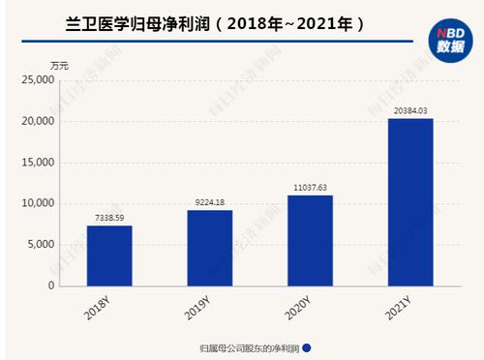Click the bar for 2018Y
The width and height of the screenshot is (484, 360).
click(x=109, y=255)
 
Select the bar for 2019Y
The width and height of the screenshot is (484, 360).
click(x=210, y=248)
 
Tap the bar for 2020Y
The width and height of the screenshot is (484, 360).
click(x=310, y=240)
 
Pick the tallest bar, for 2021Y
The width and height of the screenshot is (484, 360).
click(x=410, y=202)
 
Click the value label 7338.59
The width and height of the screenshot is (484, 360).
click(x=109, y=219)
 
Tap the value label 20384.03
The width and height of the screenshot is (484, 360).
click(x=410, y=111)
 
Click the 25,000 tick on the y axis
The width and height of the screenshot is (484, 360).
click(x=38, y=80)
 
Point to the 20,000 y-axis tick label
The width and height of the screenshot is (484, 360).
click(x=38, y=121)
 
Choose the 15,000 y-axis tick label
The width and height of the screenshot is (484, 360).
click(x=38, y=163)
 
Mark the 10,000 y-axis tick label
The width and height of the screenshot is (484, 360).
click(x=38, y=203)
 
